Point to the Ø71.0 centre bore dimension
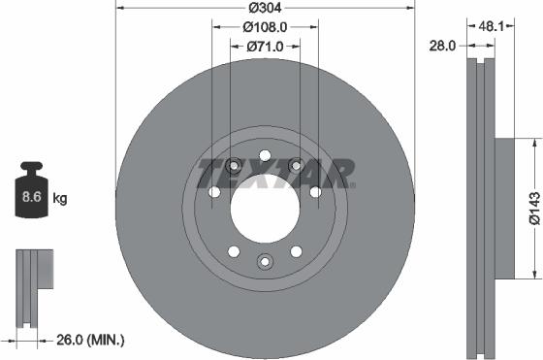coord(264,46)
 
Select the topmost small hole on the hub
coord(264,155)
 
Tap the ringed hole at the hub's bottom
coord(264,260)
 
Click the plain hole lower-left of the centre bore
coord(233,251)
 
